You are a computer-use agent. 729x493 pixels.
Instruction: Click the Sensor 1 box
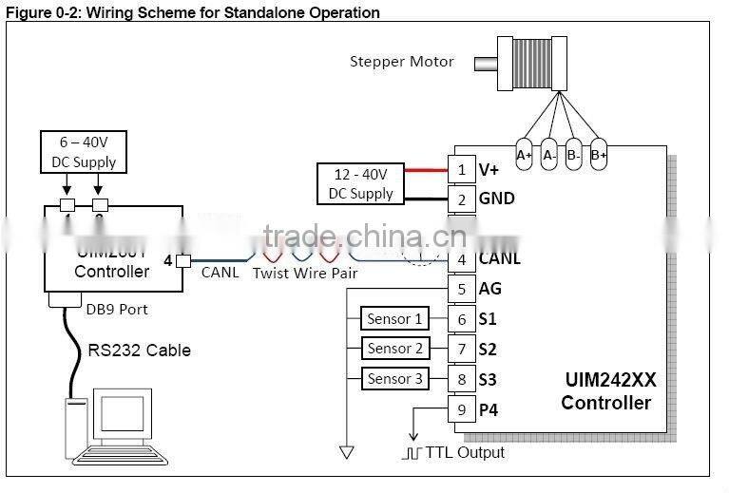point(394,319)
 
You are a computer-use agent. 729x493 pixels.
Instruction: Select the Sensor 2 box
point(394,349)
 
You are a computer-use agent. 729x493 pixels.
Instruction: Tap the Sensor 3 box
point(394,379)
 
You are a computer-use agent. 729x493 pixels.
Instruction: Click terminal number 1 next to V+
point(462,170)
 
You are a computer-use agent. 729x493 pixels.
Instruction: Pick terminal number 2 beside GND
point(462,199)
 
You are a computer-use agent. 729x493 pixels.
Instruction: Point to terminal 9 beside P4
point(462,410)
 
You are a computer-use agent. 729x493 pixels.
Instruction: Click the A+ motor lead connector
point(524,155)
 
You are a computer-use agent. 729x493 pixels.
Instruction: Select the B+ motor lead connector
point(599,155)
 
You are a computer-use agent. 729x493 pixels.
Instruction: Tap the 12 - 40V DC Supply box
point(360,184)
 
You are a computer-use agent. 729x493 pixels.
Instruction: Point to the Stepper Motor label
point(402,63)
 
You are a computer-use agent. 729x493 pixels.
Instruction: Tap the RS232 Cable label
point(139,351)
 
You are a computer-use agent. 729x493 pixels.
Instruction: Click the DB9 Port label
point(117,309)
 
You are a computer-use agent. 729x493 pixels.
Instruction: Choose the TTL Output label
point(465,452)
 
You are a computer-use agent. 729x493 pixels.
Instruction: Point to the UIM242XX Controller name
point(606,391)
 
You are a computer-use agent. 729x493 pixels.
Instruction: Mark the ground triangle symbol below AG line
point(346,450)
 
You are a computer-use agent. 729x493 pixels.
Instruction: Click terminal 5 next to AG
point(462,289)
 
